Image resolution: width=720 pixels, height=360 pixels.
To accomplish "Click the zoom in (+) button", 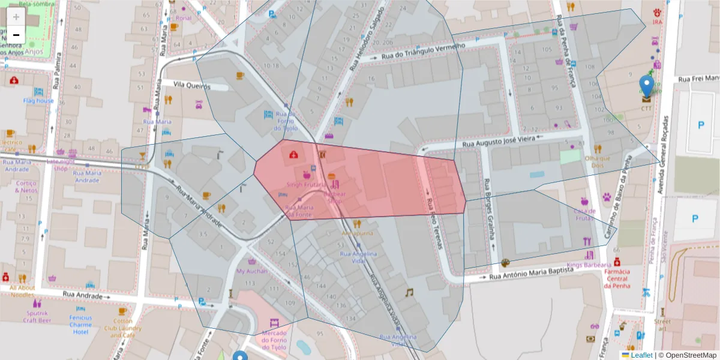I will [x=16, y=16].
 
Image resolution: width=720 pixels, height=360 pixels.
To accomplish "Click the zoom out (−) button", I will [x=16, y=35].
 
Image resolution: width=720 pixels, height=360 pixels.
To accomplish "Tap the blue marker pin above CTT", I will [x=646, y=86].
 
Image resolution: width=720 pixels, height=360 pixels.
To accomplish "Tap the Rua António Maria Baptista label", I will [x=531, y=274].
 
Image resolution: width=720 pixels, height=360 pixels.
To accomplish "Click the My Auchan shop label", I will [x=250, y=271].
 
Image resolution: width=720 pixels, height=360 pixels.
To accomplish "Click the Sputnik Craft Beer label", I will [x=38, y=316].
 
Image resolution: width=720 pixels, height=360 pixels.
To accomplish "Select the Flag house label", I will [x=38, y=101].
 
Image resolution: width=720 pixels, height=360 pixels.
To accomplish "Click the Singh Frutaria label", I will [x=307, y=185].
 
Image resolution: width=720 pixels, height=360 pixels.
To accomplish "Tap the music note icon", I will [x=409, y=292].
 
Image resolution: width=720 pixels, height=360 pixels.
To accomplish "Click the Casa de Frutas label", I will [x=584, y=214].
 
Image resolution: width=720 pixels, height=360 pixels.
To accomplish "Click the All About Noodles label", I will [x=22, y=291].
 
